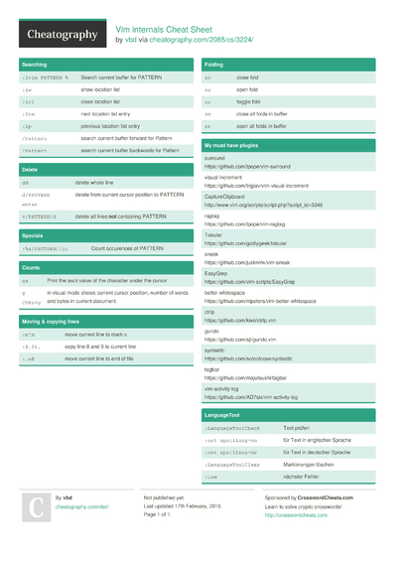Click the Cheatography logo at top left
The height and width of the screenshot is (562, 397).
click(61, 36)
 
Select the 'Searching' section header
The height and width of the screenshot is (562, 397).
click(36, 64)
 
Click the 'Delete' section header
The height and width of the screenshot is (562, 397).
click(30, 170)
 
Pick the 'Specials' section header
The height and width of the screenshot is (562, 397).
click(33, 235)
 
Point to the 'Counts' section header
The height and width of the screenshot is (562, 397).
click(31, 268)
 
